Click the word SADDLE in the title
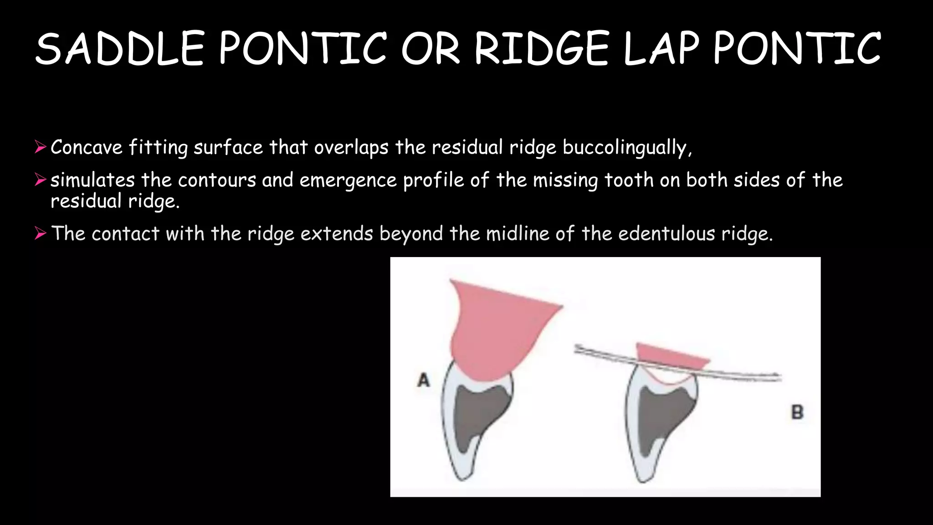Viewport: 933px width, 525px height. point(119,48)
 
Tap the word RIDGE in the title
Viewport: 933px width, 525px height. point(542,48)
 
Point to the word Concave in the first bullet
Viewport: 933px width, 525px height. point(87,147)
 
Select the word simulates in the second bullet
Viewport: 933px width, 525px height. point(92,180)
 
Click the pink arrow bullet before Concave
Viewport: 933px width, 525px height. point(41,147)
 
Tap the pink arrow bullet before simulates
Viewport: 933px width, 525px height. point(41,180)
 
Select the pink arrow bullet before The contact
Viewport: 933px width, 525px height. point(41,234)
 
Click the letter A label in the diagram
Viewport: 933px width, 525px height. point(424,379)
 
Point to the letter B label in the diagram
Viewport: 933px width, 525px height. point(797,412)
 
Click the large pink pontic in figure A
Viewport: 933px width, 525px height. point(497,328)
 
